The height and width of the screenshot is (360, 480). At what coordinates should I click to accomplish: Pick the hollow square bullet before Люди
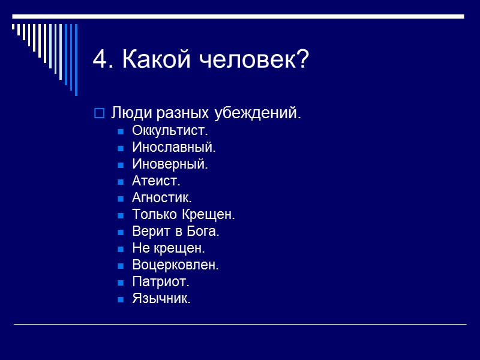pos(100,113)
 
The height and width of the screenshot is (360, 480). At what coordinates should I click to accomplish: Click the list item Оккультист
pos(170,130)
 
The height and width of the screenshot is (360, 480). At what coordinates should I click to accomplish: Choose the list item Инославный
pos(173,147)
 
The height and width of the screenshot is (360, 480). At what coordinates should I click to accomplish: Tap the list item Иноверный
pos(170,164)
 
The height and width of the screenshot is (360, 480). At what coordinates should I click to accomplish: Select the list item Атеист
pos(156,181)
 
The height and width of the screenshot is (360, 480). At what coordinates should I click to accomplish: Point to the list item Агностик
pos(162,197)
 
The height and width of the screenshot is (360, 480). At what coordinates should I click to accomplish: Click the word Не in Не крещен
pos(139,248)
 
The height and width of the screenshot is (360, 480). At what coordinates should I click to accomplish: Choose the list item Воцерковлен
pos(175,265)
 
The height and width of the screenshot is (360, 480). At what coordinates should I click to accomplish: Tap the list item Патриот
pos(160,281)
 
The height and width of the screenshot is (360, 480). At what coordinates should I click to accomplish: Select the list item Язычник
pos(161,298)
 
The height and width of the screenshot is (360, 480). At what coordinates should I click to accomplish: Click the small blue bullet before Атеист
pos(121,181)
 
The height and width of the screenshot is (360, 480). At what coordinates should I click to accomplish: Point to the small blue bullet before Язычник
pos(121,299)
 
